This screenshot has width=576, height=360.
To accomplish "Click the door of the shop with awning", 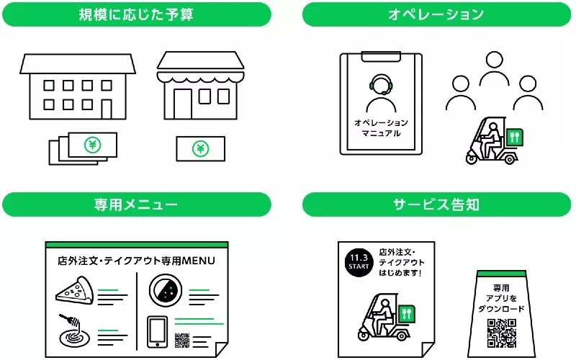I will pos(181,103).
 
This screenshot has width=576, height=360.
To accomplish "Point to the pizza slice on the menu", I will pos(73,292).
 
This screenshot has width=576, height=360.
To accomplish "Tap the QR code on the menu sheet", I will pos(181,339).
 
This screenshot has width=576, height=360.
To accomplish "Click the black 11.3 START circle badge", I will pos(358,261).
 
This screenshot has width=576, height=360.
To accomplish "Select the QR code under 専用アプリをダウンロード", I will pos(503,332).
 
